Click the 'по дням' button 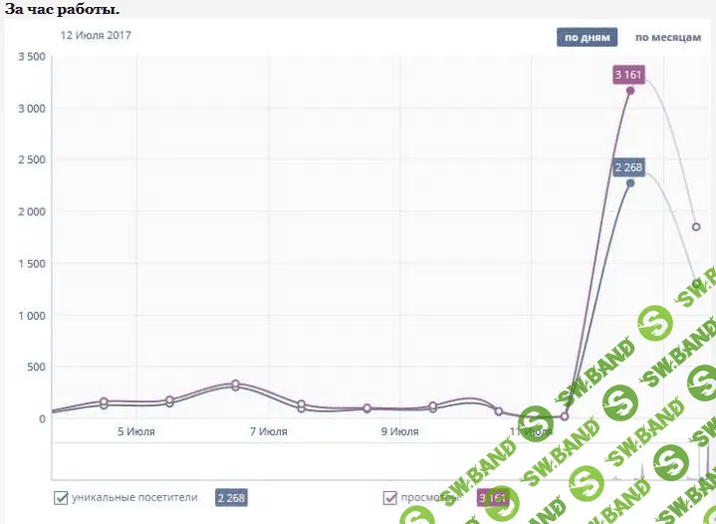point(587,38)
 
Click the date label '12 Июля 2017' point(96,36)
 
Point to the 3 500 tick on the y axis point(31,57)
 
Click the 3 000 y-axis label point(31,109)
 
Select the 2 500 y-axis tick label point(31,160)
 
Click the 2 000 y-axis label point(31,212)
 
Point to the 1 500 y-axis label point(31,264)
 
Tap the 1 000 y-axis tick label point(31,316)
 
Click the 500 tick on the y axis point(36,368)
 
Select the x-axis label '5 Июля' point(135,432)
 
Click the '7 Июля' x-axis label point(268,432)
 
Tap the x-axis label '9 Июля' point(399,432)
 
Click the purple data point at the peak point(630,91)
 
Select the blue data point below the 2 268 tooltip point(630,183)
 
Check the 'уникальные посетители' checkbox point(62,497)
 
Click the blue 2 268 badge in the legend point(231,497)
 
